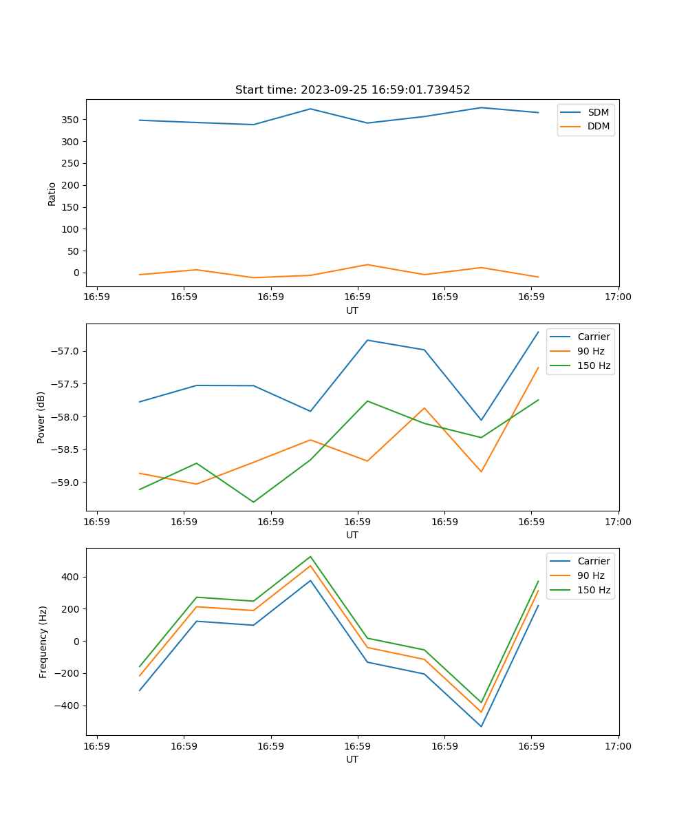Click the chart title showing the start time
352,90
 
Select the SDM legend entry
598,112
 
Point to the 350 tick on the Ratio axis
71,120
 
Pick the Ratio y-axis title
52,193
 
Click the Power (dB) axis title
41,417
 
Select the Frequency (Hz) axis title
43,642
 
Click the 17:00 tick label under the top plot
619,297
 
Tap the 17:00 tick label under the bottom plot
619,746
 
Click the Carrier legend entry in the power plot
593,337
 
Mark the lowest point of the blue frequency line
481,726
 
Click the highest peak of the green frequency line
310,556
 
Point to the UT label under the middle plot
352,535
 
